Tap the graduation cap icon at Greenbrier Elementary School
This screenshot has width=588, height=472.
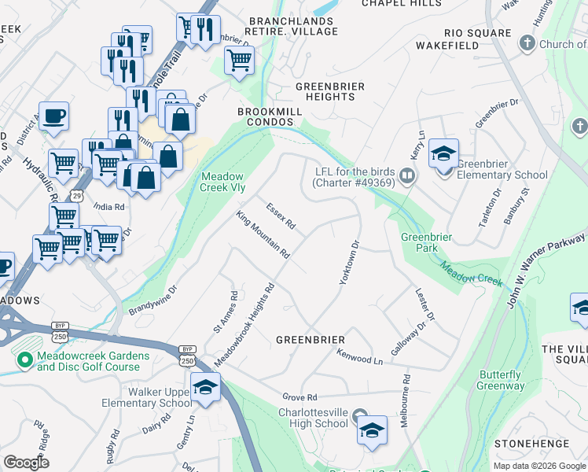[x=443, y=153]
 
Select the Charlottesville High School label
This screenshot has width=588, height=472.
[x=313, y=417]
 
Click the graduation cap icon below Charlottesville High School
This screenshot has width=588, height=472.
[x=372, y=430]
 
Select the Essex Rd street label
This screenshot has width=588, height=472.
[x=280, y=217]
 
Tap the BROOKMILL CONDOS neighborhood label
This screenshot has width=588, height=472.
[x=270, y=117]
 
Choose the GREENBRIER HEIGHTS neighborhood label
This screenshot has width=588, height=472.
[x=325, y=90]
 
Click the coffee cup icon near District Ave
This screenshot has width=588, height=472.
[x=53, y=116]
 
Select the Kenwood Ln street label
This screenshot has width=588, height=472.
[x=358, y=356]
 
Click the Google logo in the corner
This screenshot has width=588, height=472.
[x=27, y=462]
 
